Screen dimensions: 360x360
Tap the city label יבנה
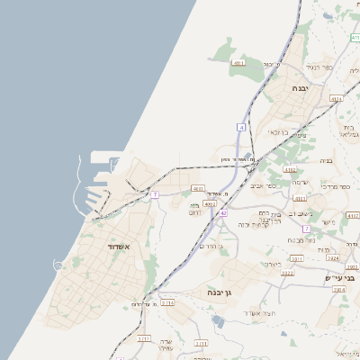(x=300, y=88)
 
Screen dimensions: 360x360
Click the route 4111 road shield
(x=238, y=63)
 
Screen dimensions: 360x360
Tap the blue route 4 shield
(x=241, y=128)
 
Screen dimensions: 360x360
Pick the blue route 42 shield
(x=222, y=212)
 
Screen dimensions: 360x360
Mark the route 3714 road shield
(x=168, y=303)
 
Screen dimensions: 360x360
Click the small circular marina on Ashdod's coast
(x=58, y=265)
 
